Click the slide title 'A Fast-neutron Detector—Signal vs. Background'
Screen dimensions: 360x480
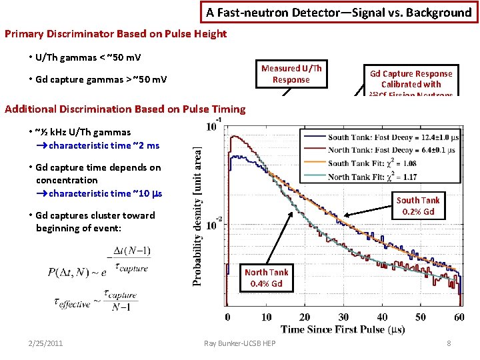339,13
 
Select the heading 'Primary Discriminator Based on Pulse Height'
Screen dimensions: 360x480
115,33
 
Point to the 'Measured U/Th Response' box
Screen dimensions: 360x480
291,74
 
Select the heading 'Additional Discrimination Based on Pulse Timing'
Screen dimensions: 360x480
125,109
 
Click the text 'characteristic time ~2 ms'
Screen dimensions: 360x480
103,145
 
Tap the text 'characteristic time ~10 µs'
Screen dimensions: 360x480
105,193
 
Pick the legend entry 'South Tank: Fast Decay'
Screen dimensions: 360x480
392,137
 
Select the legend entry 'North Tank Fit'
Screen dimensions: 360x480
373,176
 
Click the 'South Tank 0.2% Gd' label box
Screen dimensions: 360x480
418,206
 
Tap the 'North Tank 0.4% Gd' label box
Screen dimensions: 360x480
267,277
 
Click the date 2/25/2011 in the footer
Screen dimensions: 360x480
46,343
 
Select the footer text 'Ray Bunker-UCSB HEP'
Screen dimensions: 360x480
239,343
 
